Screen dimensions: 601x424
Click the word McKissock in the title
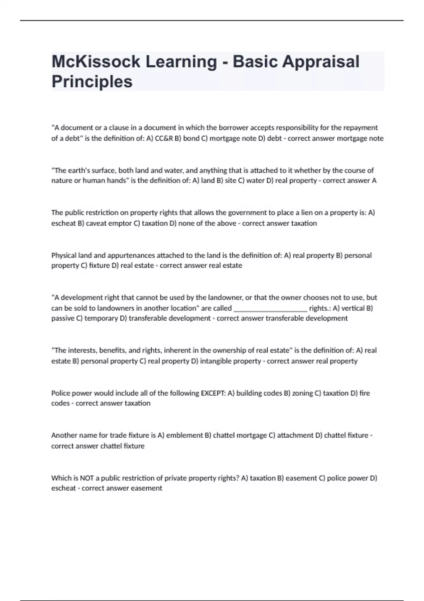click(x=96, y=62)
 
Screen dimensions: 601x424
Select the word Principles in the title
click(x=92, y=82)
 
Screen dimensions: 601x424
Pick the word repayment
click(x=360, y=128)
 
